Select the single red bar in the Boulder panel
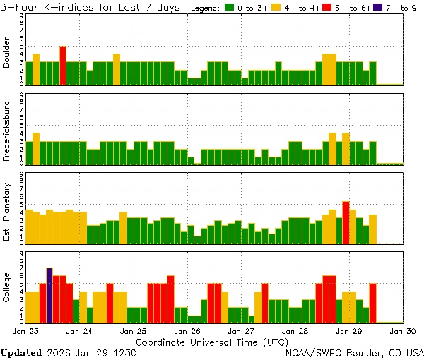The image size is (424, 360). coord(63,65)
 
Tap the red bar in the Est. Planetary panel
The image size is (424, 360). coord(346,223)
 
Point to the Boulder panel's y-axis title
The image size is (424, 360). coord(7,54)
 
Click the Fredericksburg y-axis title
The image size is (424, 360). coord(7,133)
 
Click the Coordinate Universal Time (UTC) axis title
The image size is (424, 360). coord(211,342)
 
